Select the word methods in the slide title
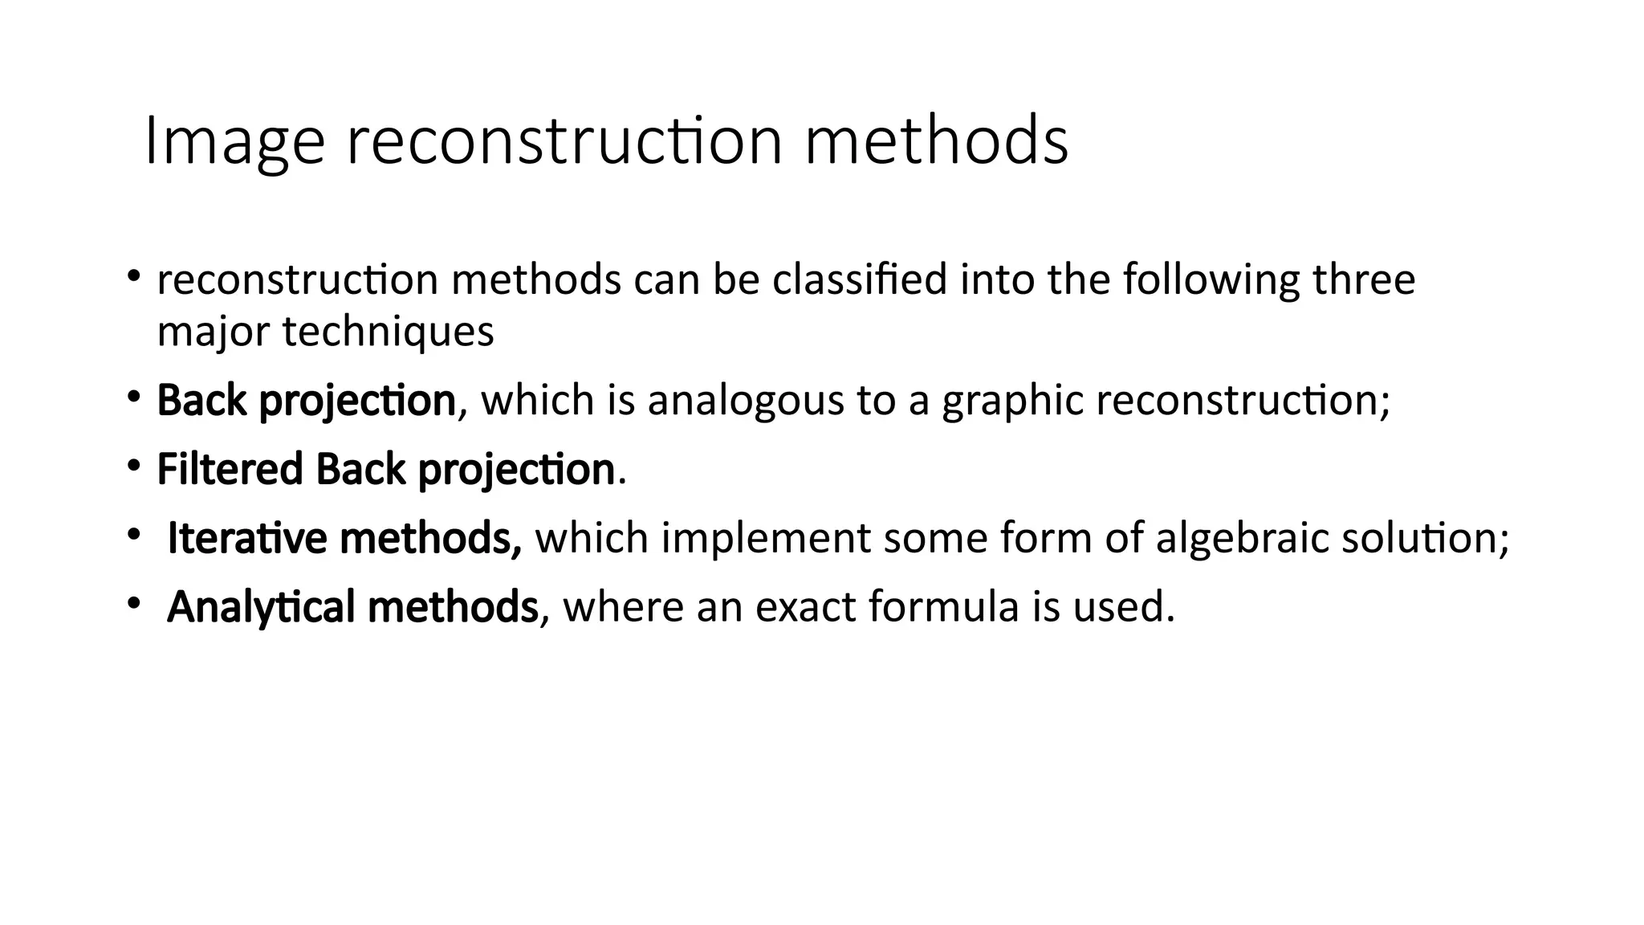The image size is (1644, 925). pyautogui.click(x=936, y=142)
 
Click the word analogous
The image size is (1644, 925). pyautogui.click(x=746, y=400)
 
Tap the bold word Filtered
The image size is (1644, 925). pyautogui.click(x=230, y=469)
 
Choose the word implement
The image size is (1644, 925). pyautogui.click(x=766, y=538)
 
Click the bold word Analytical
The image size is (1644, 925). pyautogui.click(x=261, y=607)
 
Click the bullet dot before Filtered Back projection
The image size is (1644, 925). pyautogui.click(x=133, y=466)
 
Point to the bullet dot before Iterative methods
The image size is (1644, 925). pyautogui.click(x=133, y=535)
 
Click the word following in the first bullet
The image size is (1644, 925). pyautogui.click(x=1211, y=280)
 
